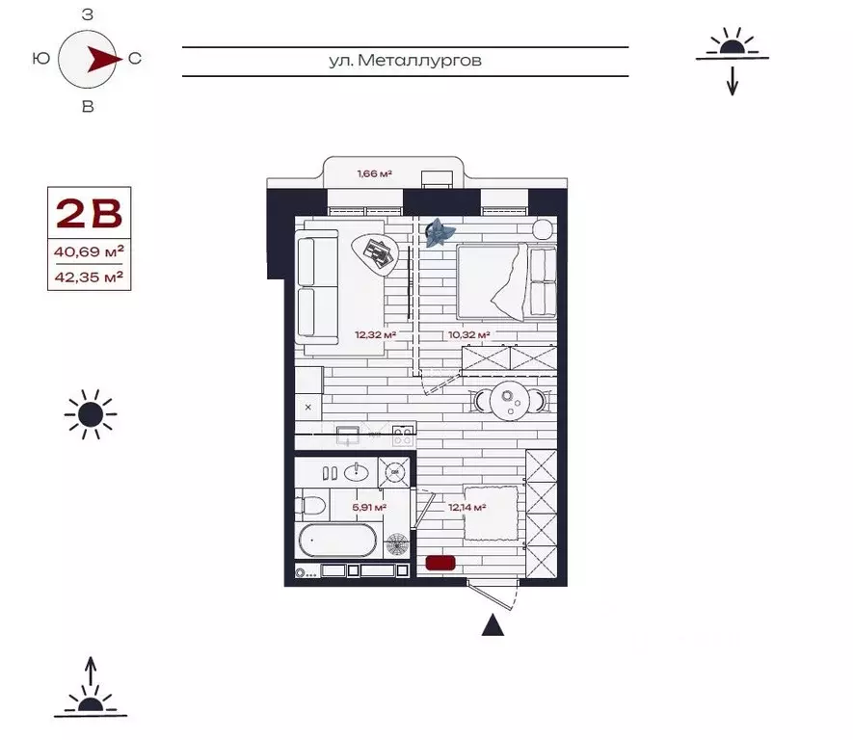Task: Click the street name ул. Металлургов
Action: tap(405, 61)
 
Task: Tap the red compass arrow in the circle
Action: tap(99, 59)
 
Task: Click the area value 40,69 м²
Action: tap(88, 252)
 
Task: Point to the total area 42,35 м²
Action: tap(88, 278)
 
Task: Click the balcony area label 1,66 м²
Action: tap(374, 174)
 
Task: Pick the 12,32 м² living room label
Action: tap(375, 335)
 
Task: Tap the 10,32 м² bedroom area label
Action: tap(469, 335)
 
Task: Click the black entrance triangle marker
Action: tap(493, 626)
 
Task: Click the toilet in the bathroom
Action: tap(314, 504)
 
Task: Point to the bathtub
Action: tap(337, 542)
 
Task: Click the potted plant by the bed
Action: tap(440, 231)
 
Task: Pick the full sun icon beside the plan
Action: tap(91, 415)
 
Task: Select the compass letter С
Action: tap(135, 59)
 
